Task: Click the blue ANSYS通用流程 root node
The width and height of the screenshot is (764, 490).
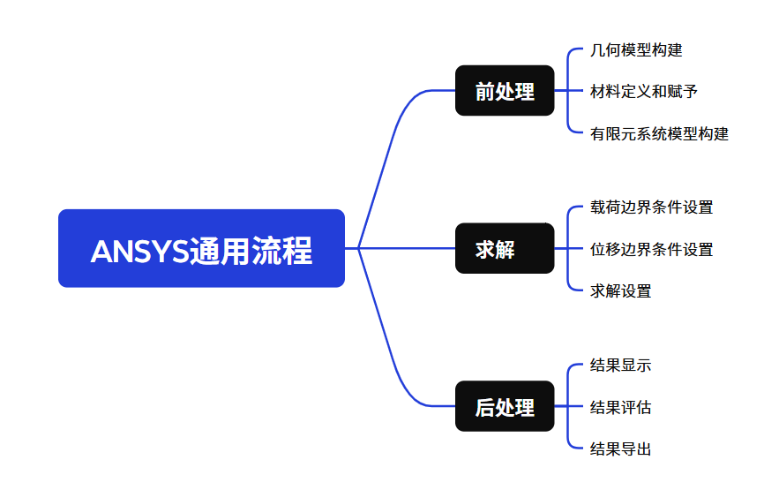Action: [x=201, y=248]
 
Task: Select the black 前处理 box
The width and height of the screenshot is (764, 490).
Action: [x=505, y=91]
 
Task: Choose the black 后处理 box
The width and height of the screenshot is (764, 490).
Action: [x=505, y=407]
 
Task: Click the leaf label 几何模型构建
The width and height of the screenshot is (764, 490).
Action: [x=636, y=50]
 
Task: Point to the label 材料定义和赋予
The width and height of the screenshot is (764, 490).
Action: [x=644, y=92]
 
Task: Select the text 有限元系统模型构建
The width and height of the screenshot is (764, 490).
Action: [x=659, y=134]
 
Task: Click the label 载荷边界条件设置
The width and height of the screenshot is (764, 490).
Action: [x=651, y=207]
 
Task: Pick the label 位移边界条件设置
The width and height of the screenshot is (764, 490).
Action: [x=651, y=250]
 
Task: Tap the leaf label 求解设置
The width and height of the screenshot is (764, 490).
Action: [x=620, y=291]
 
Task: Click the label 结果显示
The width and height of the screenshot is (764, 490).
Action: [x=620, y=366]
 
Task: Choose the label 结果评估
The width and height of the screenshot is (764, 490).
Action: [x=620, y=408]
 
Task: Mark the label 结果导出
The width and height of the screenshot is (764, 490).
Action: [x=620, y=449]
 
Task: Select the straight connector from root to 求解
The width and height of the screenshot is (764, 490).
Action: [x=406, y=248]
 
